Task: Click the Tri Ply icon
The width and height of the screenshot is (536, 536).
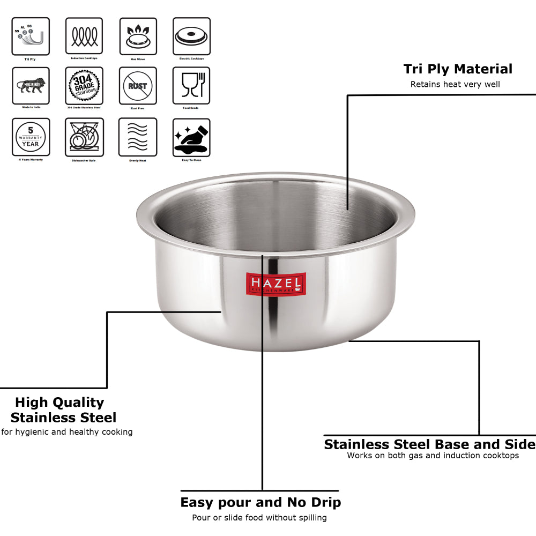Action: click(x=31, y=36)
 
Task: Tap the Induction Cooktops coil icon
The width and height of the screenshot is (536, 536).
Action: click(x=84, y=36)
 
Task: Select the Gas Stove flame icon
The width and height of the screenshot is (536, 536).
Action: click(x=138, y=36)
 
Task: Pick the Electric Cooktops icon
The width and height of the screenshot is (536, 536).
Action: click(x=191, y=36)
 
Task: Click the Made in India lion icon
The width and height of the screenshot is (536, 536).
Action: click(x=31, y=86)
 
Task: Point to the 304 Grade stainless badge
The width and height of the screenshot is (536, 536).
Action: click(x=84, y=86)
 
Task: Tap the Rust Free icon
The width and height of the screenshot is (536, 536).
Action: click(x=138, y=86)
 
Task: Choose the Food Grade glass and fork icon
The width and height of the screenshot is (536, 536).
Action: click(x=191, y=86)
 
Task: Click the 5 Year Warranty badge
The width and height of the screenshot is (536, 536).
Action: click(x=31, y=137)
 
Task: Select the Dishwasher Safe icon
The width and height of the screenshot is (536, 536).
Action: click(x=84, y=137)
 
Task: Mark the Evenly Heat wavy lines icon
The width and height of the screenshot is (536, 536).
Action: click(x=138, y=137)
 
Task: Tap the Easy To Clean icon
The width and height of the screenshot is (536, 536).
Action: click(x=191, y=137)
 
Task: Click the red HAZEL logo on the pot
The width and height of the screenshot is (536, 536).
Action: click(x=276, y=284)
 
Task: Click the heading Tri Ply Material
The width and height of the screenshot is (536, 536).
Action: click(x=458, y=69)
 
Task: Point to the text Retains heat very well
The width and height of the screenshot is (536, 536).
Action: click(x=455, y=84)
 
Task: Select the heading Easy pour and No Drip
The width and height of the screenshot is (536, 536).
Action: click(x=260, y=502)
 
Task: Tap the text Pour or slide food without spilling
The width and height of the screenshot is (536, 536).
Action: click(x=259, y=517)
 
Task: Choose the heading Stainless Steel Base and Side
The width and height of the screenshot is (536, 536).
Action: click(x=429, y=444)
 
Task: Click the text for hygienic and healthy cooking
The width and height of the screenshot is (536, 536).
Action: click(x=67, y=431)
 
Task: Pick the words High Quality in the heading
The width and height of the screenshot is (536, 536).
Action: click(x=59, y=403)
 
